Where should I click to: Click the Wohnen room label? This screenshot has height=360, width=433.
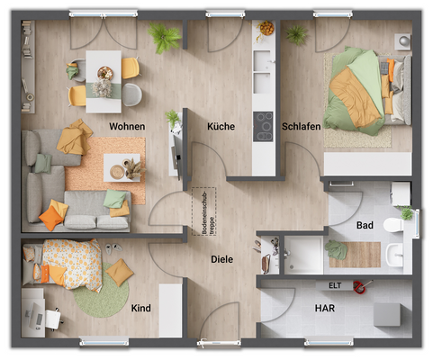127,127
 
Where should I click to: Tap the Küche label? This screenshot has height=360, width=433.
221,127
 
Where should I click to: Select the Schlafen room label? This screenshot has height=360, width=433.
301,127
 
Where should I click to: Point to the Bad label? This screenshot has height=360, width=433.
365,225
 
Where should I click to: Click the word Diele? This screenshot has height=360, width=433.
221,259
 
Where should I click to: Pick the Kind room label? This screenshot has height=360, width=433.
141,309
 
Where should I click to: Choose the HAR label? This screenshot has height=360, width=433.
325,308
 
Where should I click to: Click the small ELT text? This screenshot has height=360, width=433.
334,285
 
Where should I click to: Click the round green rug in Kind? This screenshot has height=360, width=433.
101,294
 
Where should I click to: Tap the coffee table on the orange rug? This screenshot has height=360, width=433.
122,167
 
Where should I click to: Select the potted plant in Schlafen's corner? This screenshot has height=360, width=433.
295,35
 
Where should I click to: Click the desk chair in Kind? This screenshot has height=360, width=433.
51,316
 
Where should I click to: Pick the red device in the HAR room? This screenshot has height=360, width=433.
360,287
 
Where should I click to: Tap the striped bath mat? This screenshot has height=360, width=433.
354,254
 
